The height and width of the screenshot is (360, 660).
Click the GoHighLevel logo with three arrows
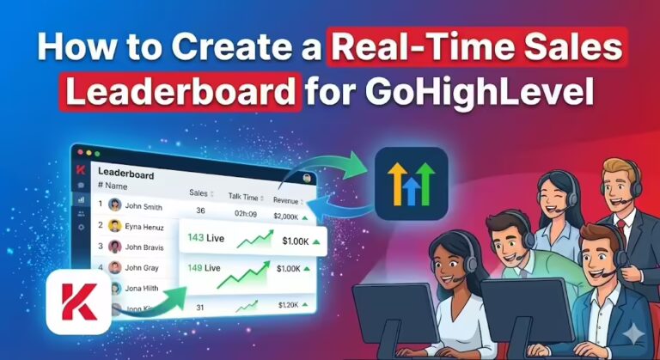[x=412, y=184]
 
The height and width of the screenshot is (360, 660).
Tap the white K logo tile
[x=78, y=302]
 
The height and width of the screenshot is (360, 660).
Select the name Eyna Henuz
[x=145, y=227]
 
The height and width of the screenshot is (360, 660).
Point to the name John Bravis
[x=144, y=247]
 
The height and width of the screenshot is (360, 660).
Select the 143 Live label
[x=205, y=237]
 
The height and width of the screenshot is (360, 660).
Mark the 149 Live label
[x=205, y=268]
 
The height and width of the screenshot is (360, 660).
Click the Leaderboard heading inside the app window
[x=125, y=174]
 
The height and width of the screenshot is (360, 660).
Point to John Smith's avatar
[x=114, y=204]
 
